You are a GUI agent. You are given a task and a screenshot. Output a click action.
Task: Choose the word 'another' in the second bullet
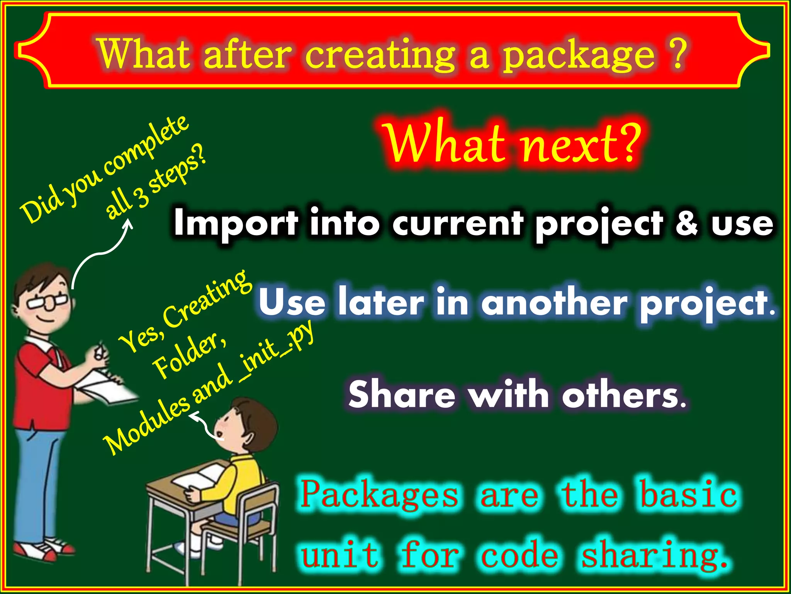554,304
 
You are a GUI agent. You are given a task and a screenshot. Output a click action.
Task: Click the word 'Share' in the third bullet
402,394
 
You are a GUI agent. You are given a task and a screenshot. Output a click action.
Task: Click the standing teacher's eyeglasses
48,302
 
